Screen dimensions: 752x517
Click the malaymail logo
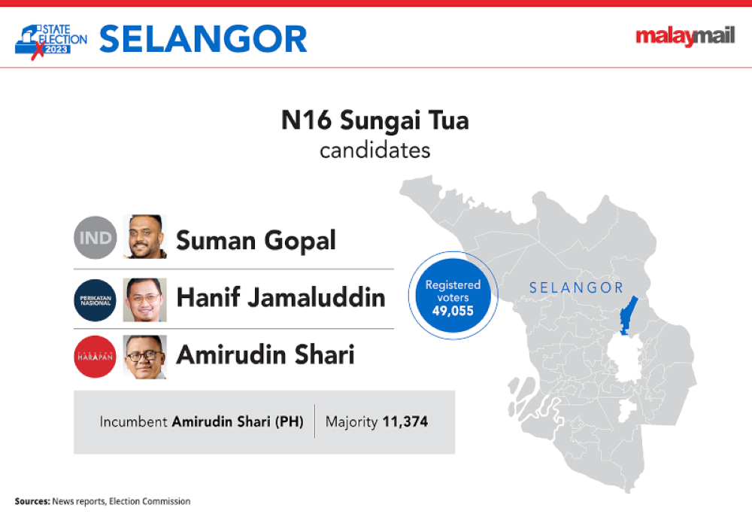(685, 36)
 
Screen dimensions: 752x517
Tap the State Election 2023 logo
(51, 41)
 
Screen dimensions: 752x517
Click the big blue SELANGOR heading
(203, 39)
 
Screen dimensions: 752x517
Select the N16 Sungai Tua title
(375, 120)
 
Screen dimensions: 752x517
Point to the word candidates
(375, 151)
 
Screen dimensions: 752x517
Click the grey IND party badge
(96, 238)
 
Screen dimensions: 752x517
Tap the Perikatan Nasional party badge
(96, 300)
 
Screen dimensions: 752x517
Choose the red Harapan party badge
(96, 357)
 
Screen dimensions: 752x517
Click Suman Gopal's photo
(145, 236)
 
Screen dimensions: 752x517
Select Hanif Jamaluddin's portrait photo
(145, 300)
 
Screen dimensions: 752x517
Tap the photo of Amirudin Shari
(145, 357)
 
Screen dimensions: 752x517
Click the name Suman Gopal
(256, 241)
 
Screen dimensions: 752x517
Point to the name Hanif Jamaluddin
(281, 297)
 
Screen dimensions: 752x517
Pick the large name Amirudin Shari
(265, 354)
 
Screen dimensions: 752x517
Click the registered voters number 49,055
(453, 311)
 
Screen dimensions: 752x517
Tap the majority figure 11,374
(405, 421)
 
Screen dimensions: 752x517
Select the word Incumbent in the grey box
(133, 421)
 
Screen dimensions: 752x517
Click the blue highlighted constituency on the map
(628, 315)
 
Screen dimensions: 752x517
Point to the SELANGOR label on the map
(576, 288)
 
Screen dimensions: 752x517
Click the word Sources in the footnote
(32, 501)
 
